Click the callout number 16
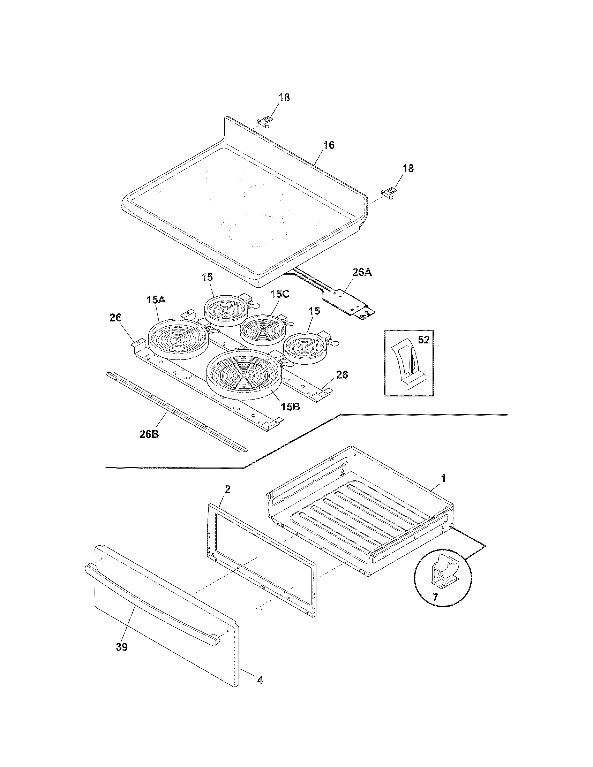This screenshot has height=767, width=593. point(329,145)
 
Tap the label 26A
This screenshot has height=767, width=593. point(362,272)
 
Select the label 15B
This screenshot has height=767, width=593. point(290,407)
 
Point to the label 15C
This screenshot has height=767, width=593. point(280,294)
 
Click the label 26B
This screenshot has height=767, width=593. point(149,434)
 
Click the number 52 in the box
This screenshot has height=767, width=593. point(424,340)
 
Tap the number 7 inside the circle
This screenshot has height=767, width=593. point(435,597)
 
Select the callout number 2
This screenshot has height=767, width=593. point(228,489)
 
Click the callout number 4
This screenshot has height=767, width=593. point(260,680)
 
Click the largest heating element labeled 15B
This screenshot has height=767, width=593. point(244,374)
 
